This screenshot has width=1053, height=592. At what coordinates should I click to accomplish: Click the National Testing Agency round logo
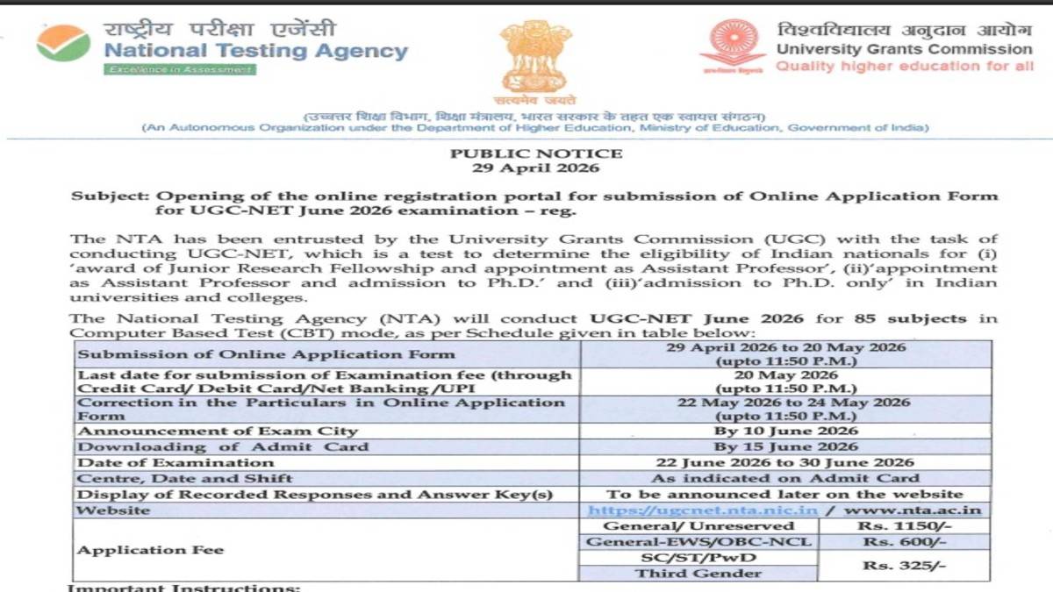[63, 43]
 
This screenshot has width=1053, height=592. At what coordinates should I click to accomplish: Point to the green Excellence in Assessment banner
[180, 69]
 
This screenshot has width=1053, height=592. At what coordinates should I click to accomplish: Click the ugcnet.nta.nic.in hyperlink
[703, 510]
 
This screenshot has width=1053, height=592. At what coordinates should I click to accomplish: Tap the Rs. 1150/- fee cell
[905, 525]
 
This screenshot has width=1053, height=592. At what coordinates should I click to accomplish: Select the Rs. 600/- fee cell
[905, 542]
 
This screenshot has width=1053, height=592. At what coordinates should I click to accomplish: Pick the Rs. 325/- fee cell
[905, 566]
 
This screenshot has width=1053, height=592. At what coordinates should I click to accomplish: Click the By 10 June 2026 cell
[785, 431]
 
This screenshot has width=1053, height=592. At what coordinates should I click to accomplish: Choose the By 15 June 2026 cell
[785, 446]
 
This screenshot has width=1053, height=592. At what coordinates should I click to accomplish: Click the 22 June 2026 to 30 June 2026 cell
[785, 462]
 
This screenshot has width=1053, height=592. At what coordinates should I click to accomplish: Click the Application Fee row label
[151, 550]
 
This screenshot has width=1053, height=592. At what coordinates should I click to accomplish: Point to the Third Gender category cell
[698, 574]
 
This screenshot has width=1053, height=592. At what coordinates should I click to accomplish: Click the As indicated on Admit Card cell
[785, 478]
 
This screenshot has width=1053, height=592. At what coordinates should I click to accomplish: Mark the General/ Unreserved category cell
[698, 525]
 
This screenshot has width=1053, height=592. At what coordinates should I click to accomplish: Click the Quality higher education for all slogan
[905, 67]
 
